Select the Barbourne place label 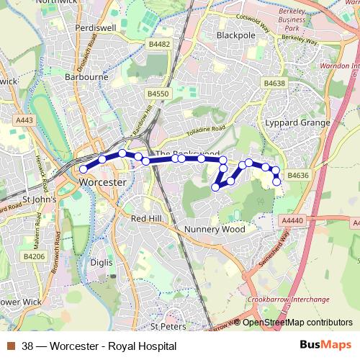click(x=86, y=76)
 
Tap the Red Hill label click(x=149, y=217)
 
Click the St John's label click(x=40, y=199)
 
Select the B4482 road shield click(x=158, y=44)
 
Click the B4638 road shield click(x=274, y=84)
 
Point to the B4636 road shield click(x=297, y=174)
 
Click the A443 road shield click(x=24, y=120)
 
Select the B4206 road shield click(x=33, y=256)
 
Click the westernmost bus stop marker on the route click(x=84, y=168)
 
